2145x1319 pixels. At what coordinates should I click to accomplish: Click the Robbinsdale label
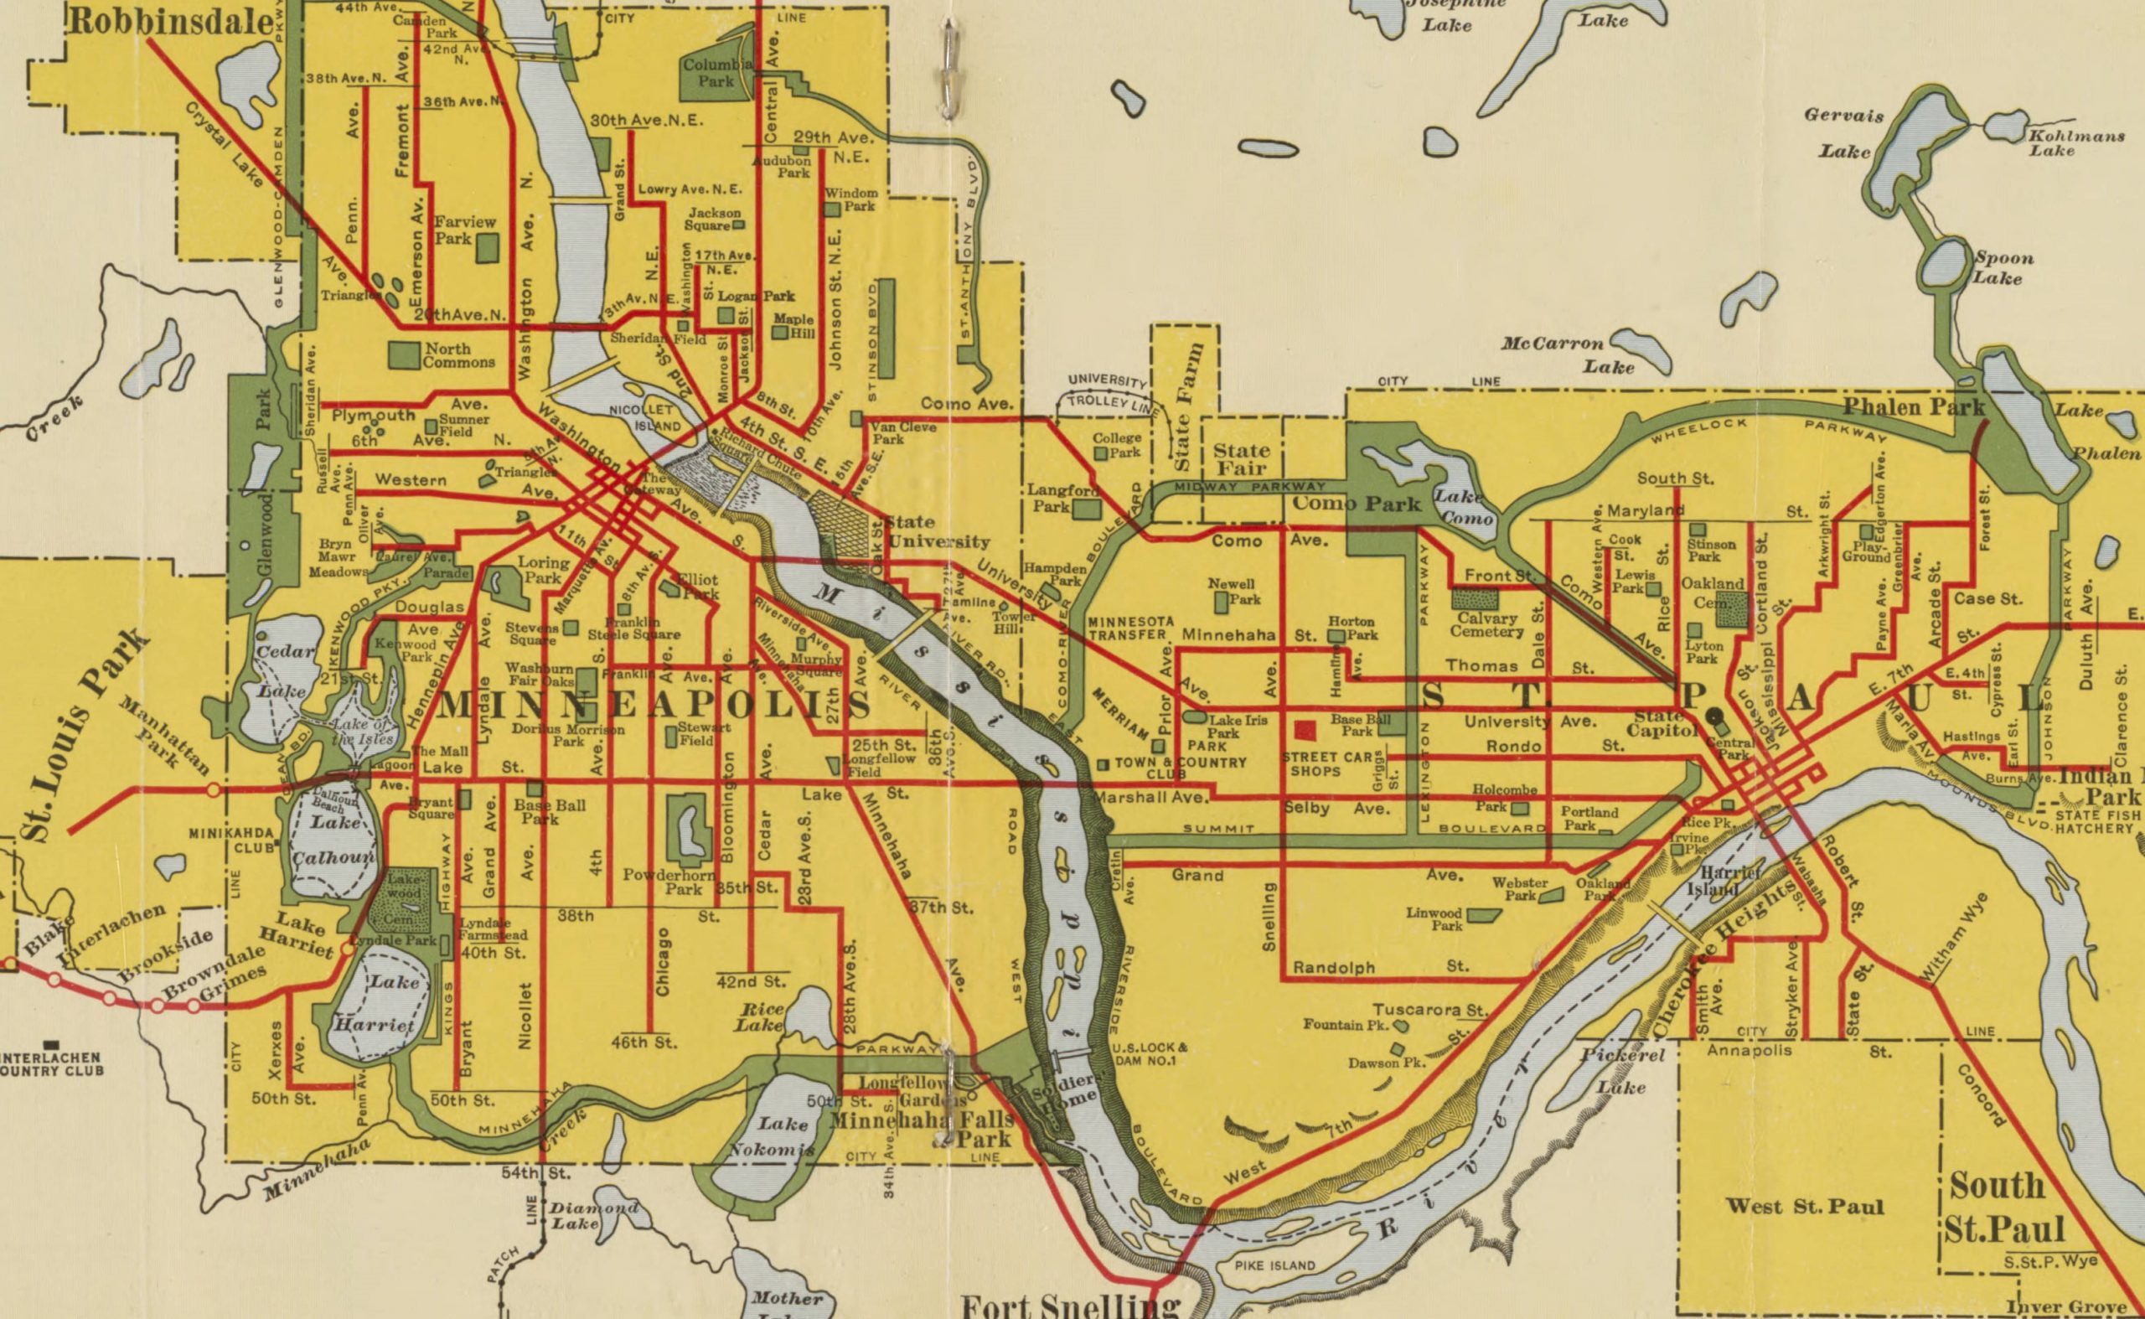[x=170, y=22]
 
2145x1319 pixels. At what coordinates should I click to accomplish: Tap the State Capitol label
[x=1664, y=724]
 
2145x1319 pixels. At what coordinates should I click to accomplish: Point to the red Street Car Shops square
[x=1305, y=731]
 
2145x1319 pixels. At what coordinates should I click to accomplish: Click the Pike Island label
[x=1274, y=1265]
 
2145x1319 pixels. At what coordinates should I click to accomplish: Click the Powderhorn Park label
[x=670, y=882]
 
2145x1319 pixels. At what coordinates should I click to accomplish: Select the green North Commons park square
[x=404, y=354]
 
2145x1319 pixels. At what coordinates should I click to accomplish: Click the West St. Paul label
[x=1804, y=1207]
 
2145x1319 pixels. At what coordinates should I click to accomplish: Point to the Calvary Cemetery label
[x=1486, y=624]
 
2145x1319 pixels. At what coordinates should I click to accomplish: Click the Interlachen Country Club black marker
[x=51, y=1043]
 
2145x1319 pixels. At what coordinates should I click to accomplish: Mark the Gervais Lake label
[x=1844, y=132]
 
